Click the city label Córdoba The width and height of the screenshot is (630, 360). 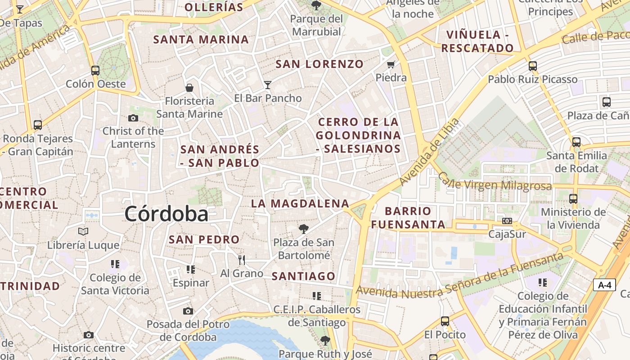(166, 214)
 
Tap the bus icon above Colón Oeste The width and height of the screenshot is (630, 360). (95, 70)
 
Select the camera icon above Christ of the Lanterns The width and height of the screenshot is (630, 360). (133, 118)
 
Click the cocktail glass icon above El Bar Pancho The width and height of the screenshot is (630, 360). (268, 85)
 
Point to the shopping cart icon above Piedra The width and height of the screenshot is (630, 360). (391, 64)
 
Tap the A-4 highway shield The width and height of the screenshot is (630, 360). (604, 285)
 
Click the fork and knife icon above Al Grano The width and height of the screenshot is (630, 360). (242, 260)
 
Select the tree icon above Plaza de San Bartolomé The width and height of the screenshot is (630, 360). (304, 229)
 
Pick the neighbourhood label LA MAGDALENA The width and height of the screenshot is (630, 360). (300, 203)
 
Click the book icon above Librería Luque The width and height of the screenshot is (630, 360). (83, 232)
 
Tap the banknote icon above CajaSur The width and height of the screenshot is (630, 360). (507, 221)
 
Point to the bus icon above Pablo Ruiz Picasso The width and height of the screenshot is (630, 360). (533, 66)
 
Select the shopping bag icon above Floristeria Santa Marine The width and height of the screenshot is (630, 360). (189, 87)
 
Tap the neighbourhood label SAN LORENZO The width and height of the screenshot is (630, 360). (319, 64)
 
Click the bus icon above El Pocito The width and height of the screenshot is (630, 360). (445, 321)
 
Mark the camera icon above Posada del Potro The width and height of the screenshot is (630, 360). (188, 311)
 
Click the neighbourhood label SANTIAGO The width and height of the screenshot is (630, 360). (304, 276)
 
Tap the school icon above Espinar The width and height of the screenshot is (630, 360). (191, 270)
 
